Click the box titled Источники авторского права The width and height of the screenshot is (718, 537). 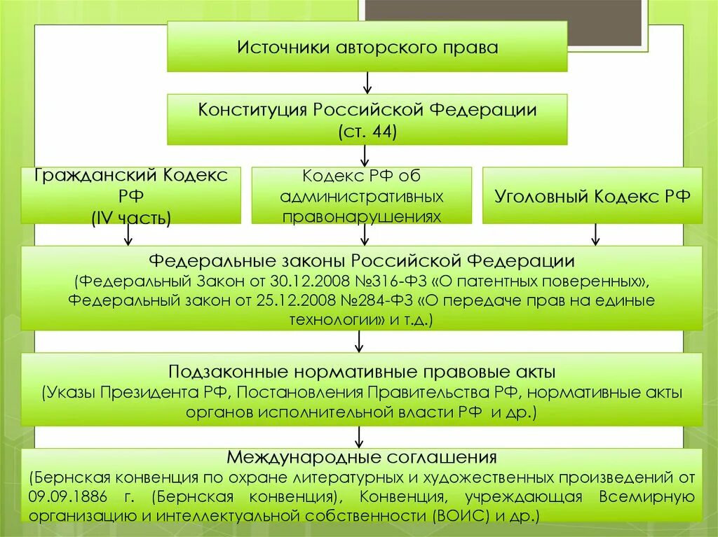[x=367, y=47]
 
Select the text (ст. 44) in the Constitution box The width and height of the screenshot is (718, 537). [x=367, y=131]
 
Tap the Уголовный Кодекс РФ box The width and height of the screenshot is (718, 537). [x=593, y=195]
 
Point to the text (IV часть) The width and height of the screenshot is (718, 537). [x=131, y=218]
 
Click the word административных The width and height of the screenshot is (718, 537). [x=362, y=195]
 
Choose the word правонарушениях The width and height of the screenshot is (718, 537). [x=362, y=216]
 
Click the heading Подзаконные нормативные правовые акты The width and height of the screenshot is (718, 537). [x=363, y=371]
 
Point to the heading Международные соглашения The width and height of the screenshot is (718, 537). [x=362, y=458]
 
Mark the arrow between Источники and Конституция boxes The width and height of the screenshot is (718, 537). [x=367, y=83]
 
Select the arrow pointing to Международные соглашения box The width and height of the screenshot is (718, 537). [x=359, y=437]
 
